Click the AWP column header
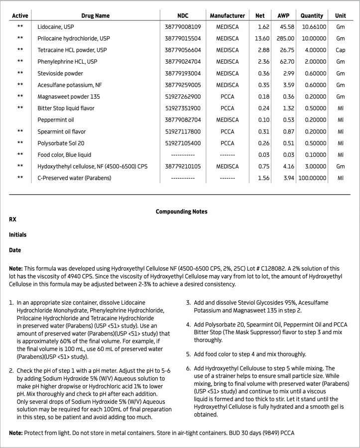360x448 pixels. [x=283, y=16]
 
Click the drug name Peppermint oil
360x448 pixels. [x=55, y=120]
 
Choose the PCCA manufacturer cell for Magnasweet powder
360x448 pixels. [x=227, y=97]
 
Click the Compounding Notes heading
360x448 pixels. [x=181, y=212]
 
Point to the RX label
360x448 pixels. [x=13, y=219]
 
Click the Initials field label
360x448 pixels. [x=17, y=234]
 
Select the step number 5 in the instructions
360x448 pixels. [x=188, y=354]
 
